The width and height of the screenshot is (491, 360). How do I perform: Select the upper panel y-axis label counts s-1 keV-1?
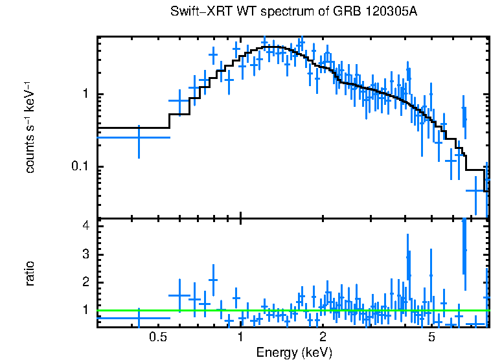(29, 127)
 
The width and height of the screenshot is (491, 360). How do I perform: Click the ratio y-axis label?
(29, 273)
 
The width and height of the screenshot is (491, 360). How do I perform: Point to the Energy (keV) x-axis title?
(294, 352)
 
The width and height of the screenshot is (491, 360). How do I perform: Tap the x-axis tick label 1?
(240, 337)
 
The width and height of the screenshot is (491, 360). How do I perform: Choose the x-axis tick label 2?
(323, 337)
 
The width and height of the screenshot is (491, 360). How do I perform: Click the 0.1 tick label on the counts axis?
(79, 166)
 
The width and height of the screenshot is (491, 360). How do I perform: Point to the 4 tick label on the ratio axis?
(85, 226)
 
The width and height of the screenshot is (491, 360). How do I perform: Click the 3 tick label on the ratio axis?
(85, 254)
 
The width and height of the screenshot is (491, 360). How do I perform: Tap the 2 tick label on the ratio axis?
(85, 282)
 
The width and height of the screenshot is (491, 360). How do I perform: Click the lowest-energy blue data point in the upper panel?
(139, 137)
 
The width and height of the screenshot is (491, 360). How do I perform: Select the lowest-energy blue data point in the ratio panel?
(139, 318)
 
